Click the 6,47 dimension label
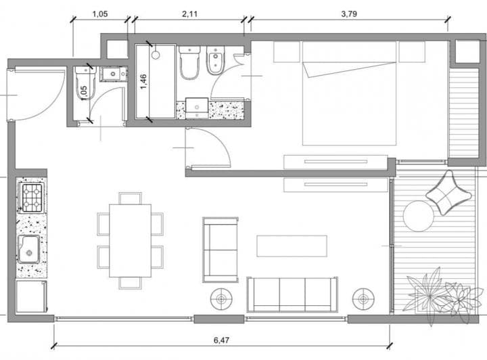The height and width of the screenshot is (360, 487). (221, 340)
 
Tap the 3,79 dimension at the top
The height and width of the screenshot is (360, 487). (349, 14)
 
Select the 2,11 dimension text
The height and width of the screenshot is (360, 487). (189, 14)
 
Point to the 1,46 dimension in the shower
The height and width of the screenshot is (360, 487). (143, 82)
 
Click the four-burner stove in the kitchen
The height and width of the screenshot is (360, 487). (32, 198)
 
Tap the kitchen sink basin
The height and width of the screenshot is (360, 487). (28, 249)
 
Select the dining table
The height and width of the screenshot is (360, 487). (131, 240)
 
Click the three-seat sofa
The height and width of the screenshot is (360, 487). (292, 294)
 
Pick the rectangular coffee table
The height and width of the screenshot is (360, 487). (292, 246)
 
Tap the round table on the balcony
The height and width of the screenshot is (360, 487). (419, 216)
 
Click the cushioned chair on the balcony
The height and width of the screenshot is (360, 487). (448, 193)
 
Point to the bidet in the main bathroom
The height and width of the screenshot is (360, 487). (216, 61)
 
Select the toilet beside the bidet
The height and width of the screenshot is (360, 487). (189, 62)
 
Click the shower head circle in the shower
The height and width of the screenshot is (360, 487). (156, 55)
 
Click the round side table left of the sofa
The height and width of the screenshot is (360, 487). (221, 299)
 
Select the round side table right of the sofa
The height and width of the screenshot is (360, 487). (363, 299)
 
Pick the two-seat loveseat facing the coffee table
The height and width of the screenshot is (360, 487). (221, 250)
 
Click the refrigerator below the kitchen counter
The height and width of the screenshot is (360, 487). (31, 296)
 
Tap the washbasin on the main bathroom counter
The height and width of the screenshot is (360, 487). (197, 108)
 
